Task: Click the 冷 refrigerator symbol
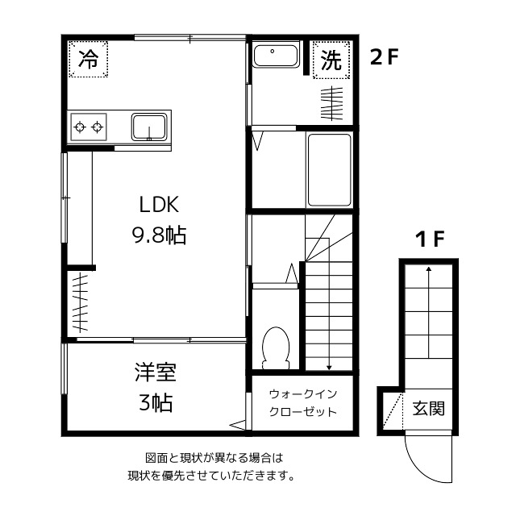point(88,59)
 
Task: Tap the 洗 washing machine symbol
point(331,60)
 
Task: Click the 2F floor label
point(385,57)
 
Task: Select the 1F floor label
point(430,239)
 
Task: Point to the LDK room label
point(160,204)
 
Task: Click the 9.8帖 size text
point(160,235)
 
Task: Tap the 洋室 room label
point(156,372)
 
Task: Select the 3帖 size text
point(156,402)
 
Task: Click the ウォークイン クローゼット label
point(303,403)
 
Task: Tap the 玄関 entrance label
point(428,409)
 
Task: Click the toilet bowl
point(276,347)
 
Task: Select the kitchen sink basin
point(149,127)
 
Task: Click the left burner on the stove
point(80,127)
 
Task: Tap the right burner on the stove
point(97,127)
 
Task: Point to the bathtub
point(329,170)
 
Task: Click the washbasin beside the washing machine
point(276,55)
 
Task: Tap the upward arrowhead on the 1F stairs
point(428,268)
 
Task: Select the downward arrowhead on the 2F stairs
point(329,368)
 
